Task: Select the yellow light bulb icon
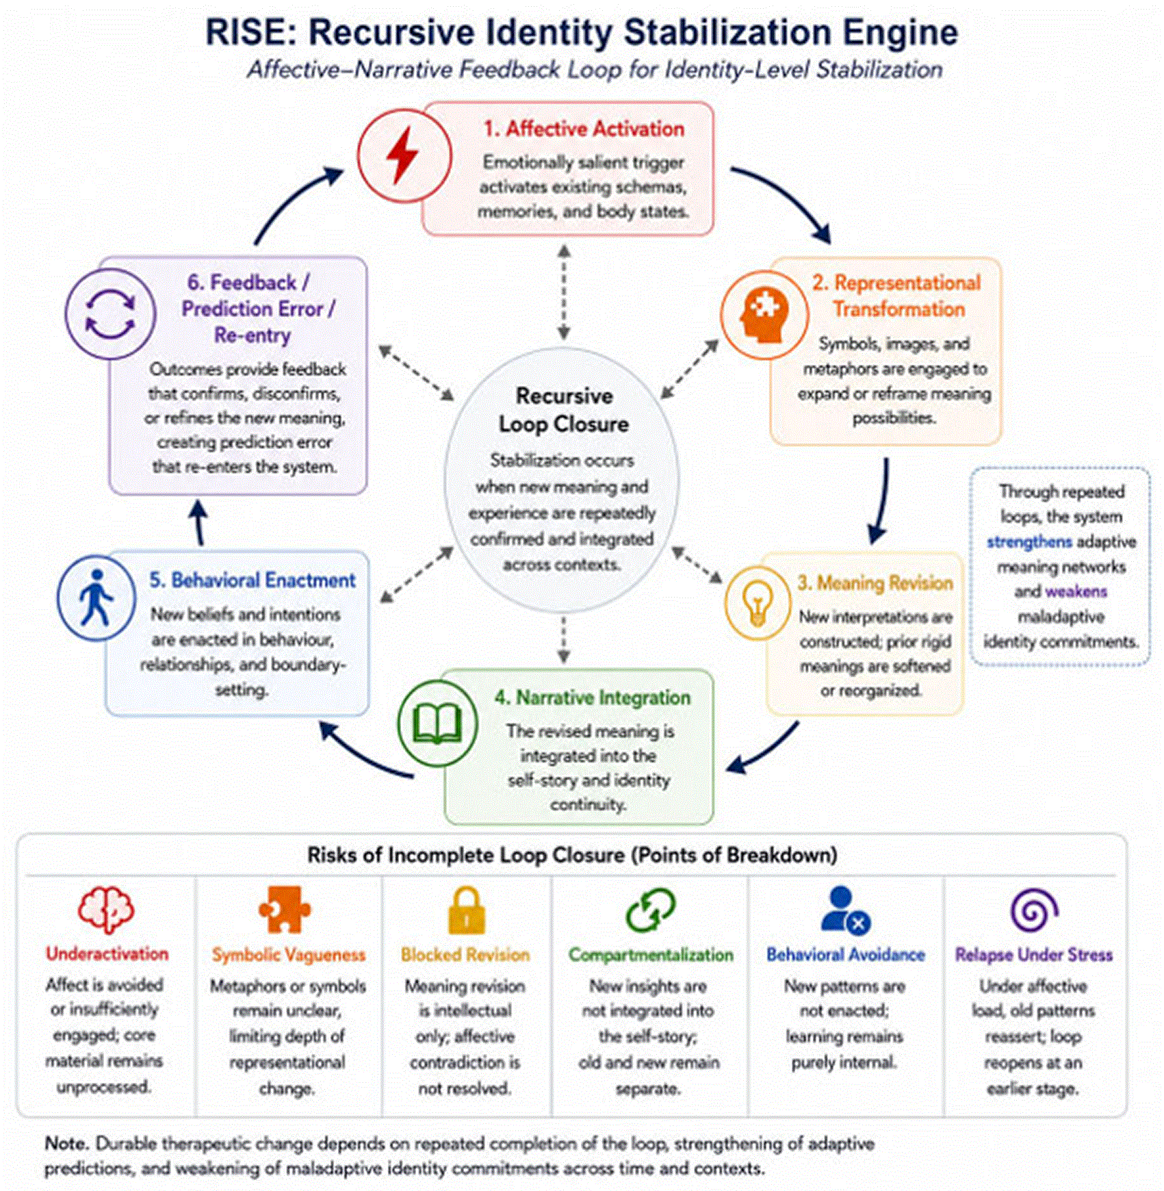pyautogui.click(x=757, y=602)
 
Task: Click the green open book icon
pyautogui.click(x=438, y=723)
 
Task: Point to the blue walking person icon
pyautogui.click(x=96, y=598)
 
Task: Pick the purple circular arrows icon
pyautogui.click(x=110, y=314)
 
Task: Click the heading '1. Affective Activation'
pyautogui.click(x=584, y=129)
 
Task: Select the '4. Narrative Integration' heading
pyautogui.click(x=593, y=697)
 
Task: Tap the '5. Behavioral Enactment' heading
pyautogui.click(x=253, y=580)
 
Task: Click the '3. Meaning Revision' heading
pyautogui.click(x=875, y=582)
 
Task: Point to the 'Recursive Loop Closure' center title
pyautogui.click(x=563, y=409)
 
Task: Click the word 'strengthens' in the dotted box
pyautogui.click(x=1029, y=541)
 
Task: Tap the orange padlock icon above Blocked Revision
pyautogui.click(x=466, y=910)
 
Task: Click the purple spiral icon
pyautogui.click(x=1034, y=910)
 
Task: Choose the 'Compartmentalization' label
pyautogui.click(x=651, y=955)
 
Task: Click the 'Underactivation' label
pyautogui.click(x=107, y=953)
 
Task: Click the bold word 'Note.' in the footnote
pyautogui.click(x=67, y=1143)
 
